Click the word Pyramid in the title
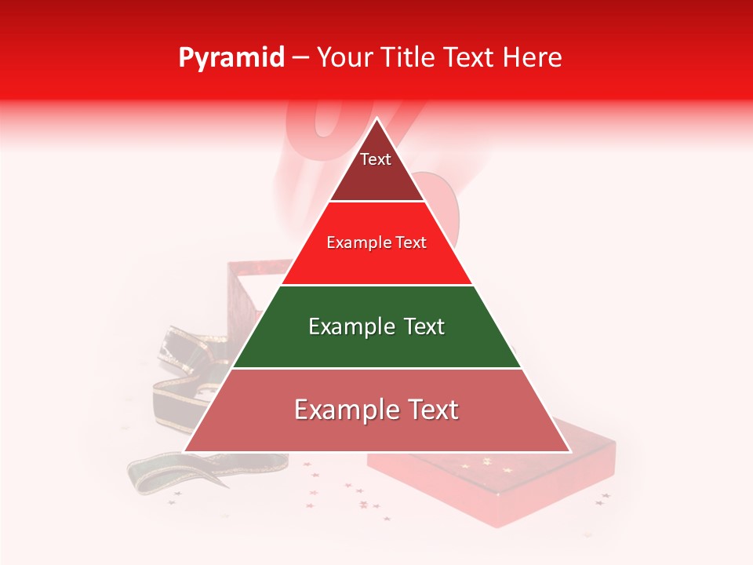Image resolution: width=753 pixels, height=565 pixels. (231, 57)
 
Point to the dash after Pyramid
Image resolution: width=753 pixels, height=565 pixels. (300, 58)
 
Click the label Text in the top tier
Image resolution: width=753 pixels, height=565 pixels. (376, 159)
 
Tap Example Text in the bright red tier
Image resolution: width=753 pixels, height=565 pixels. (376, 242)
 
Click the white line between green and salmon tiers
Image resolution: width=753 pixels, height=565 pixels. (376, 367)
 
